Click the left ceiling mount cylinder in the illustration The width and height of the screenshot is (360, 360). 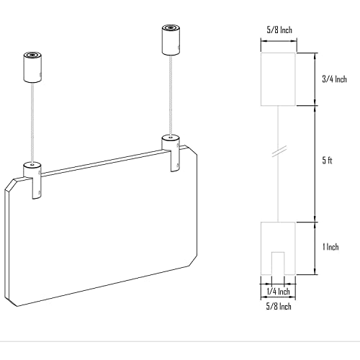(33, 66)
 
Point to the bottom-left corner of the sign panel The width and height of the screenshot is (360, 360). (9, 301)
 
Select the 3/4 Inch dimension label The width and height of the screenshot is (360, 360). (334, 78)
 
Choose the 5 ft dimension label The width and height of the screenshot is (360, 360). (328, 161)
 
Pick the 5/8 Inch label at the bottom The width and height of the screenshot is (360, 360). (274, 307)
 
